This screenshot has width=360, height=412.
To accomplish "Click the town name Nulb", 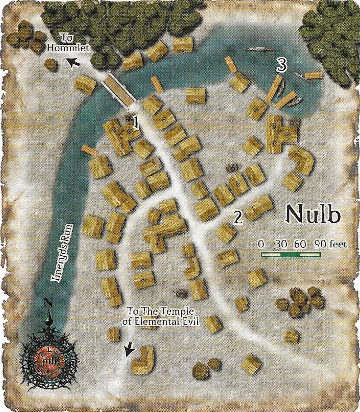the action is [313, 214].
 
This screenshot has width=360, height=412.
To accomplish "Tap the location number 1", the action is [136, 123].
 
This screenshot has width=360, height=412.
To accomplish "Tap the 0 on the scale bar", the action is [261, 244].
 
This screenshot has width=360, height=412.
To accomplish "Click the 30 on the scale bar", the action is [281, 244].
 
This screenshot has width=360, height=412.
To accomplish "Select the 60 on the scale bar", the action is [300, 244].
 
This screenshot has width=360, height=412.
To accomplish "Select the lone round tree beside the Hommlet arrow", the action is [51, 64].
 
